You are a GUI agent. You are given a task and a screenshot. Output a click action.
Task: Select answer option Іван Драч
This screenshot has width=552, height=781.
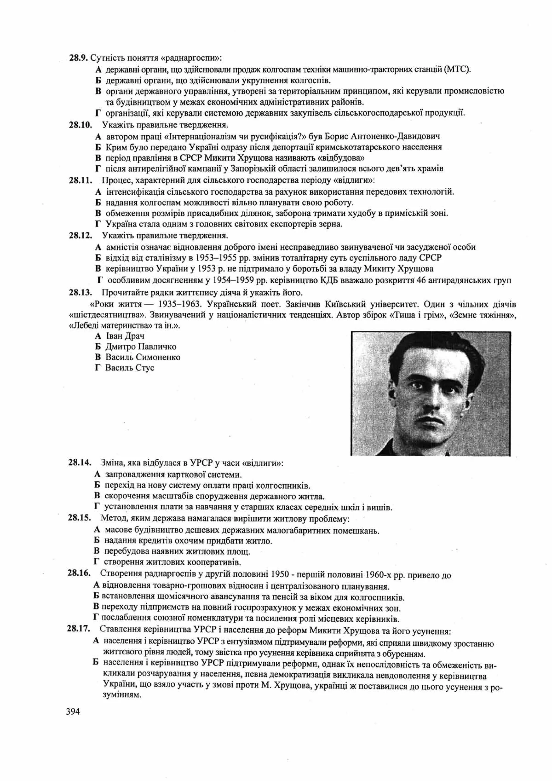click(125, 336)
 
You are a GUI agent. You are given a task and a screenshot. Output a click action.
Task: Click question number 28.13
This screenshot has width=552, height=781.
click(80, 293)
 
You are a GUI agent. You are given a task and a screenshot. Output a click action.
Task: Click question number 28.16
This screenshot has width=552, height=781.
click(79, 573)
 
